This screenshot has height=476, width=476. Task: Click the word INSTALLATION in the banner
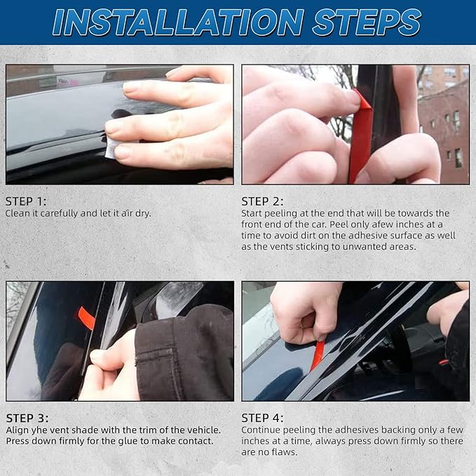pyautogui.click(x=179, y=22)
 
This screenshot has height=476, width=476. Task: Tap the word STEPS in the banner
pyautogui.click(x=367, y=22)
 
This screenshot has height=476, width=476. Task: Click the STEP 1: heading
pyautogui.click(x=26, y=202)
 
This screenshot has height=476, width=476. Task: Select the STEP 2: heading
pyautogui.click(x=262, y=202)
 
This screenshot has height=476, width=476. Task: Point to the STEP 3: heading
pyautogui.click(x=27, y=419)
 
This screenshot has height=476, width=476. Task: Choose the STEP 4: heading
pyautogui.click(x=262, y=418)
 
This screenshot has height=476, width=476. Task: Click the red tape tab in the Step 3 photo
pyautogui.click(x=86, y=318)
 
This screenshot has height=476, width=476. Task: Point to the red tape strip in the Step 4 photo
pyautogui.click(x=318, y=355)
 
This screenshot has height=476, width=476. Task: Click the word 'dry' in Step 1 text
pyautogui.click(x=143, y=213)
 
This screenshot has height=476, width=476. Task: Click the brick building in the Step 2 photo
pyautogui.click(x=443, y=128)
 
